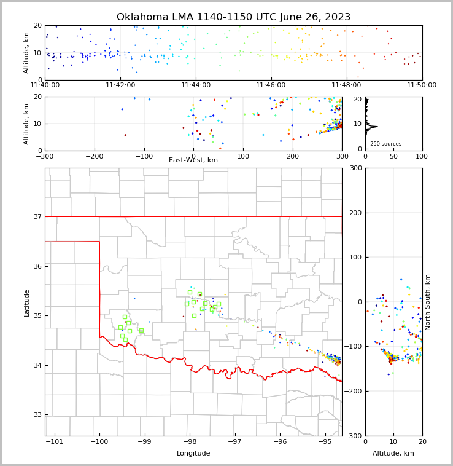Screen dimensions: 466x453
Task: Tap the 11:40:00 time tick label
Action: (x=45, y=85)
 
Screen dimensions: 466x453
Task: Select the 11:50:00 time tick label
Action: (x=422, y=85)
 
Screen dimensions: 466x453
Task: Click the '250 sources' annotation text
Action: (x=385, y=144)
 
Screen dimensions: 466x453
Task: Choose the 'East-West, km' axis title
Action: (x=193, y=160)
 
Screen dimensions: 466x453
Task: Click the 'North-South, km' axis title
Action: (x=428, y=302)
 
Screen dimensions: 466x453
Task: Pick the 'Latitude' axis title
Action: (x=27, y=302)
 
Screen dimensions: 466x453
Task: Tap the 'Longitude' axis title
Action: (x=193, y=454)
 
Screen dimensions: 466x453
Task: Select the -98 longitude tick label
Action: (x=190, y=442)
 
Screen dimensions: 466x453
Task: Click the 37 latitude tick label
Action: (x=38, y=216)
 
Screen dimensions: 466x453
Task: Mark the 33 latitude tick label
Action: (x=38, y=415)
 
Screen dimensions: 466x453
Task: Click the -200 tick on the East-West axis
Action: (x=94, y=156)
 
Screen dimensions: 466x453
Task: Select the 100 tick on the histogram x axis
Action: (x=422, y=156)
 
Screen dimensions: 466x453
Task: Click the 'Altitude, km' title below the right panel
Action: (x=393, y=454)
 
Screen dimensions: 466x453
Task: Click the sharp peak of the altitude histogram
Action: (x=376, y=126)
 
